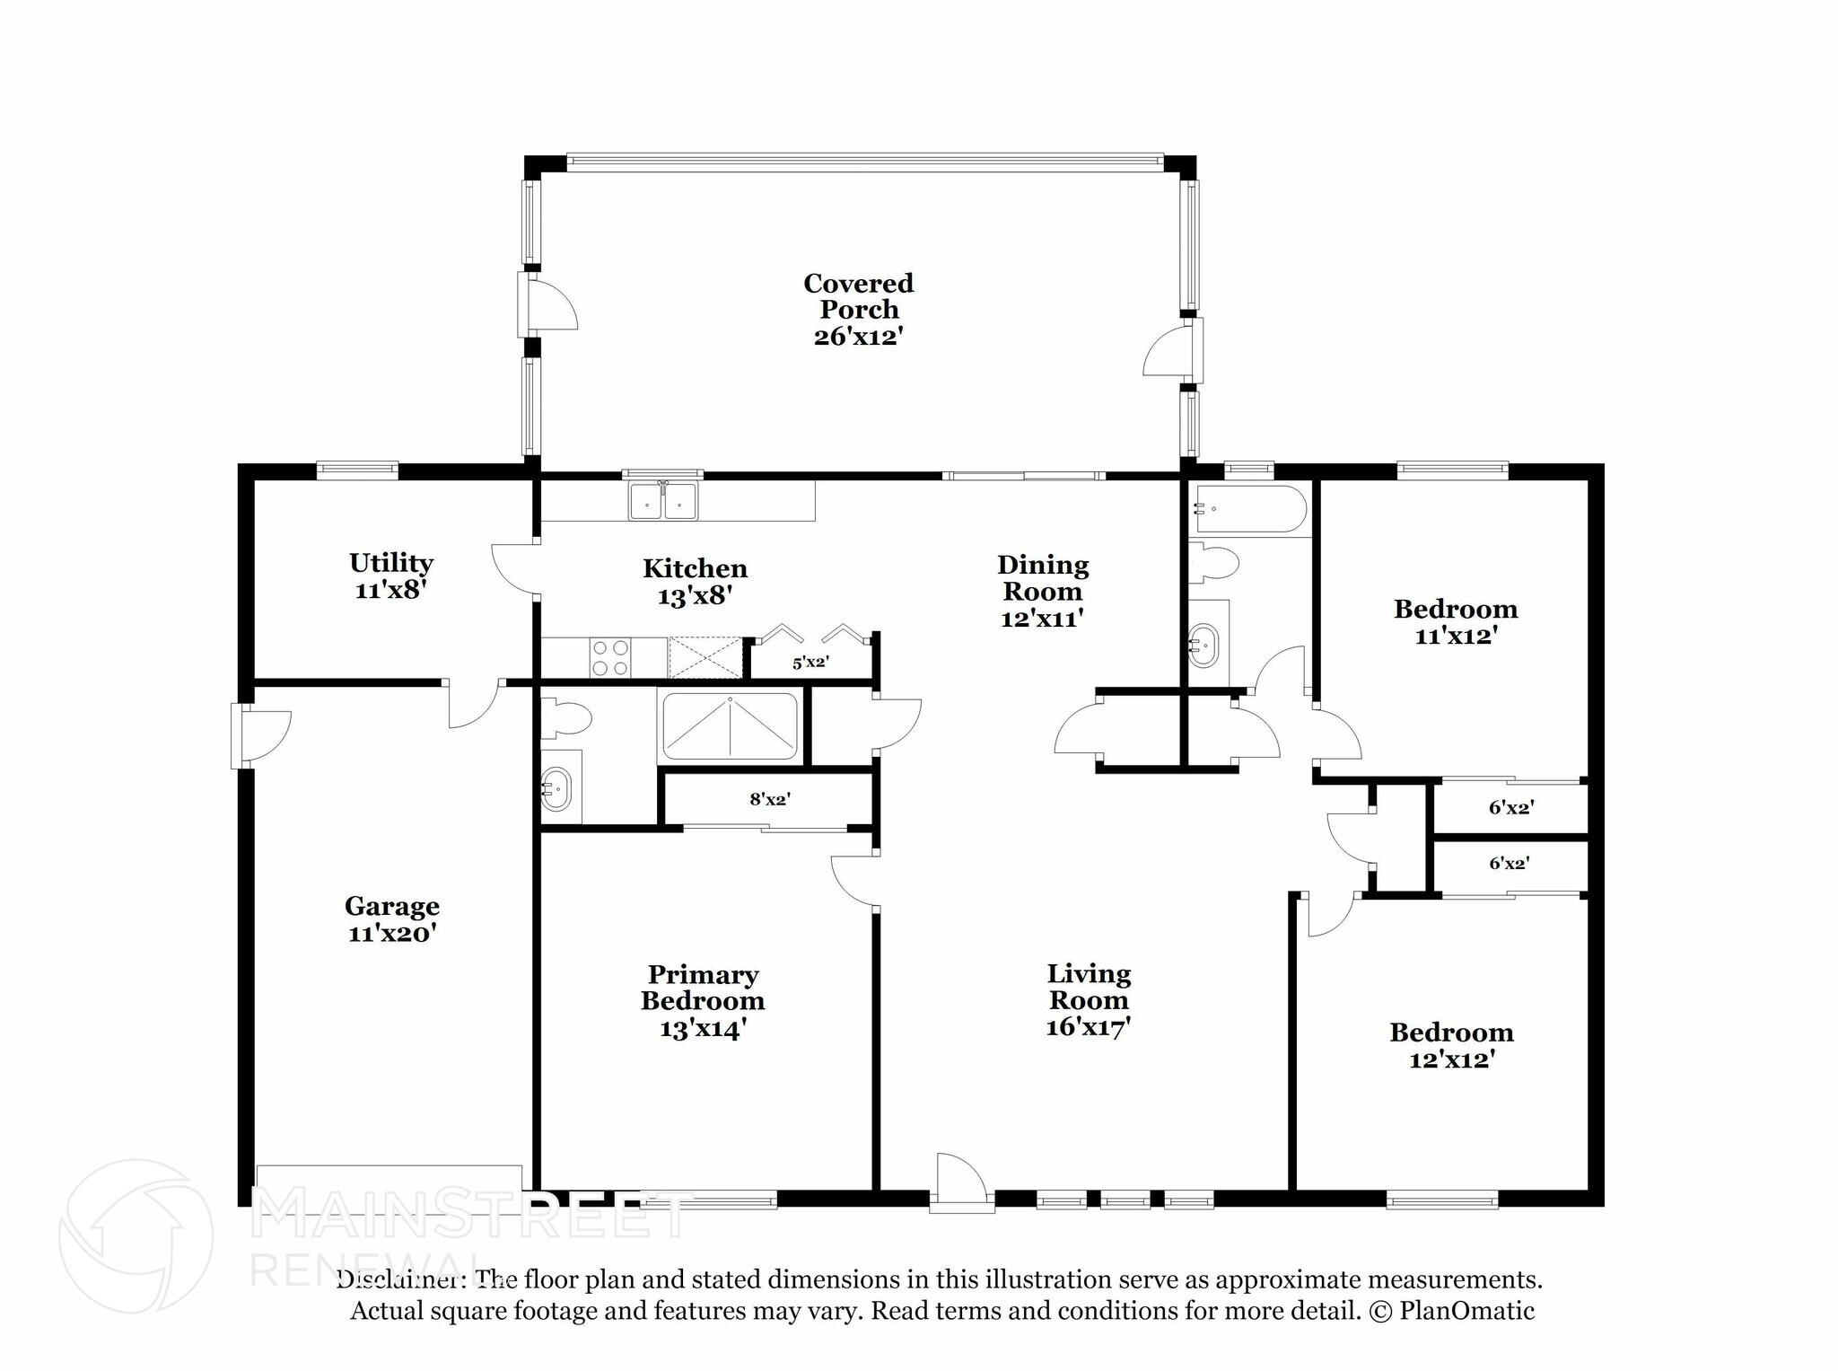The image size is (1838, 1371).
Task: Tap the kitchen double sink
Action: (x=663, y=500)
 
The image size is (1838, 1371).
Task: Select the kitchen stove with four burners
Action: (x=610, y=657)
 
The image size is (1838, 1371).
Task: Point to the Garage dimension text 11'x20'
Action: (x=392, y=934)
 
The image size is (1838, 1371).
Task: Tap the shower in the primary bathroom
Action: (x=730, y=726)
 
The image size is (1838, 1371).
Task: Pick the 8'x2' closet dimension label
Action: (x=770, y=798)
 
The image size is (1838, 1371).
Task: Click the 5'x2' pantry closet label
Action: (x=810, y=663)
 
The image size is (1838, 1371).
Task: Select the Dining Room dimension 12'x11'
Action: (x=1042, y=619)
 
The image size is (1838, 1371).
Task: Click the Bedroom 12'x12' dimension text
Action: (x=1451, y=1059)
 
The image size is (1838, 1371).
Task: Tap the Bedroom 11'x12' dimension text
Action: (x=1456, y=636)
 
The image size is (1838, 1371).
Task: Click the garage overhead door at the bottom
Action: (x=389, y=1189)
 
